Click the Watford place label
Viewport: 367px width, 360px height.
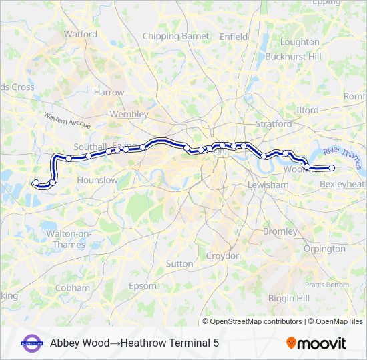tap(80, 34)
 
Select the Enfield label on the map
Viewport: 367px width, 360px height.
tap(234, 37)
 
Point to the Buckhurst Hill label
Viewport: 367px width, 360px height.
tap(293, 57)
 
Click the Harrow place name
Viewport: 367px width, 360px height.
tap(109, 93)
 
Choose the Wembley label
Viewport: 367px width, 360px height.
tap(129, 114)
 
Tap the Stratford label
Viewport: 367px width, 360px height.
tap(273, 124)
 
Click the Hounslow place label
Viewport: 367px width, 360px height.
tap(97, 180)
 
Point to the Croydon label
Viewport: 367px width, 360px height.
tap(223, 256)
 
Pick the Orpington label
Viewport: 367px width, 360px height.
tap(324, 249)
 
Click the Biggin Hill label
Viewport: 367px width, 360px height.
tap(288, 297)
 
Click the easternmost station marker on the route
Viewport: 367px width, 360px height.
tap(332, 167)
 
